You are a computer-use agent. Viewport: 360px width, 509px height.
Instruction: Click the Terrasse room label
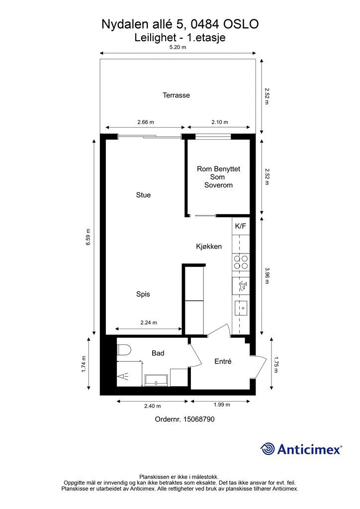coord(176,95)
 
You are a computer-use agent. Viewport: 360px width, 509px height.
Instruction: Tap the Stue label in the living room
coord(143,195)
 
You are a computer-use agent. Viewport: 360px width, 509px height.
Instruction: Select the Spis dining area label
coord(143,294)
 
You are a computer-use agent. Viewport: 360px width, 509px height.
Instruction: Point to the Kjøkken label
coord(209,247)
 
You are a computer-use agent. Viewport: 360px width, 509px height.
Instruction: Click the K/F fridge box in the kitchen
coord(241,226)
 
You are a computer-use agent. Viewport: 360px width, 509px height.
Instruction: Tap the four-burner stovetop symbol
coord(241,262)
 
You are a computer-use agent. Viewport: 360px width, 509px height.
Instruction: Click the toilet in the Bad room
coord(124,350)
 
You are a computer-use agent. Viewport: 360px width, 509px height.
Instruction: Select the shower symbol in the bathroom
coord(123,376)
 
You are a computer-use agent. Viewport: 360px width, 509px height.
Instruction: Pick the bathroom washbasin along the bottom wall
coord(157,380)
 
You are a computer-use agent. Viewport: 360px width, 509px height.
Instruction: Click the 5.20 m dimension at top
coord(178,47)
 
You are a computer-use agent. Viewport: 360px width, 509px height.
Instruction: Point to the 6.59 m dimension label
coord(89,237)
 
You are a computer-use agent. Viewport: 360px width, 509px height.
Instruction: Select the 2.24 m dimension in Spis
coord(149,323)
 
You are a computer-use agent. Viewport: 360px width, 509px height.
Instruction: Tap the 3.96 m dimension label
coord(267,275)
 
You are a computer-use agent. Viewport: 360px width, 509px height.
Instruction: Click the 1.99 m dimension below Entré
coord(222,405)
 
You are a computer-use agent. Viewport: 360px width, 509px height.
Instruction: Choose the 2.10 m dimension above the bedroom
coord(220,122)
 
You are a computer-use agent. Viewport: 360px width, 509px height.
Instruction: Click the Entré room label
coord(223,361)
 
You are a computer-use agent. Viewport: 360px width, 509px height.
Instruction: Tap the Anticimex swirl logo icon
coord(268,449)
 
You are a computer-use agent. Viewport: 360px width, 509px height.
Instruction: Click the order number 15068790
coord(199,419)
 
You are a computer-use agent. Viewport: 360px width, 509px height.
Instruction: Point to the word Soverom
coord(218,185)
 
